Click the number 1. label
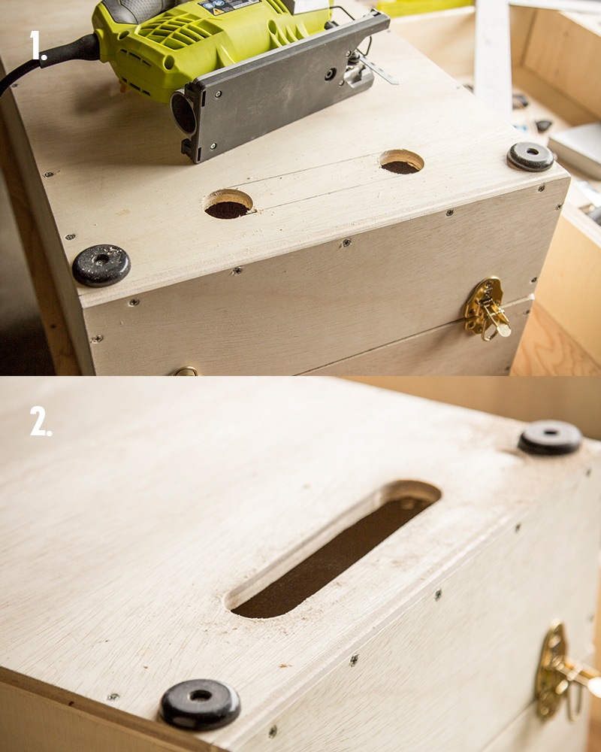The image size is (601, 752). [39, 47]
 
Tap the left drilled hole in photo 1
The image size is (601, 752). [228, 205]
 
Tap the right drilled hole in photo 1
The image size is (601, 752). [401, 162]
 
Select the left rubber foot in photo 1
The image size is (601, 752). [101, 265]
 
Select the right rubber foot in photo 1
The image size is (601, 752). [530, 156]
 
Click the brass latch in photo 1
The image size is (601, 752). [485, 308]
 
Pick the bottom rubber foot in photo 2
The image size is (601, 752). [200, 704]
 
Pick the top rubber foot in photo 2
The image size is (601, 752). [551, 438]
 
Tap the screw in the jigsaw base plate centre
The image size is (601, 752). [330, 74]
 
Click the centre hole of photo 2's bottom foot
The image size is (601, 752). [200, 696]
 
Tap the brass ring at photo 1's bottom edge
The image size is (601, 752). [185, 371]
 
